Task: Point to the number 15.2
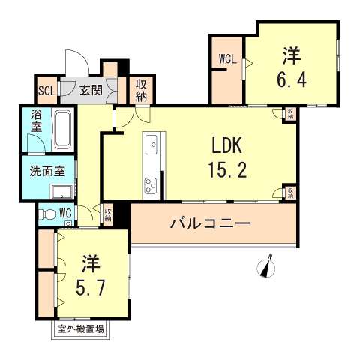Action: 223,171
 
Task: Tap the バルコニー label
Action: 209,223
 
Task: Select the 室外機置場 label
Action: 79,328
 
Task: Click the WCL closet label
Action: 227,58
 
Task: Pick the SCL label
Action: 46,92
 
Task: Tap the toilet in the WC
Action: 49,214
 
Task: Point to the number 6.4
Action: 293,79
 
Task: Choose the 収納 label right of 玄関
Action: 142,90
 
